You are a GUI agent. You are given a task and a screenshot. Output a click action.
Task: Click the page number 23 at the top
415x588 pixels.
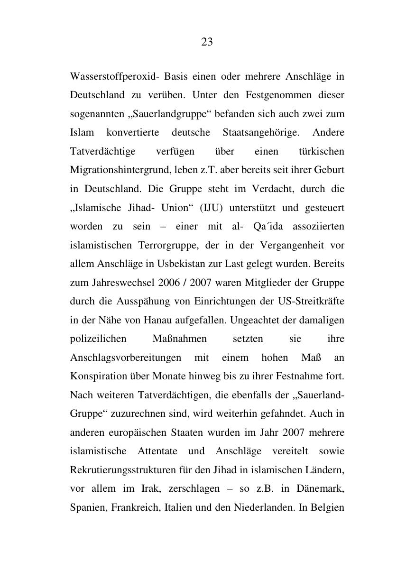[x=207, y=42]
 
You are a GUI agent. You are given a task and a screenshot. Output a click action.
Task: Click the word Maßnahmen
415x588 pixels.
[x=180, y=339]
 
